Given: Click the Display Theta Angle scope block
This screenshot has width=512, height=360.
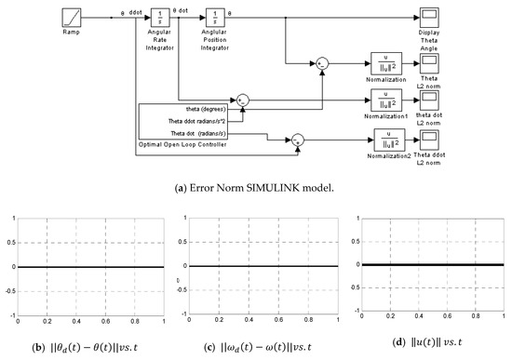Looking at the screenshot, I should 430,18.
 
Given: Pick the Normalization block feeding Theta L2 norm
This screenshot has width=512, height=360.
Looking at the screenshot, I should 384,62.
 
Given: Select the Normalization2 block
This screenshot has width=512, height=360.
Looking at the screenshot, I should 384,140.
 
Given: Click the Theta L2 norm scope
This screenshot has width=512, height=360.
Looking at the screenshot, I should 430,62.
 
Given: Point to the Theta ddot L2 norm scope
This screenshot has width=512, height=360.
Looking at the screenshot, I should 430,140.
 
